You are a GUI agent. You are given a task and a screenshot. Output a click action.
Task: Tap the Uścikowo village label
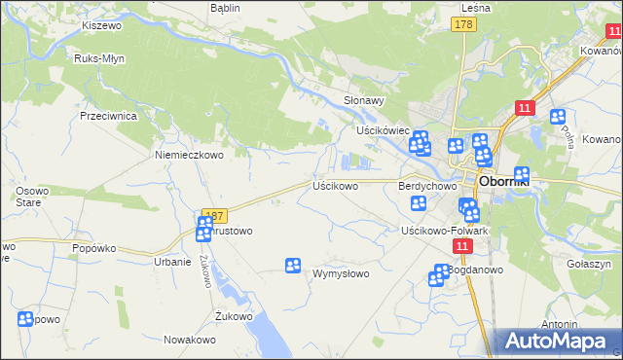click(x=335, y=185)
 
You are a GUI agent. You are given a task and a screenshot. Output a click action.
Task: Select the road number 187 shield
click(x=215, y=214)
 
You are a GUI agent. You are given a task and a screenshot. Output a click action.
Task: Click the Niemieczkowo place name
click(x=190, y=154)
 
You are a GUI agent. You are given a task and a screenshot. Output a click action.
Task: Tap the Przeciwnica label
click(x=108, y=115)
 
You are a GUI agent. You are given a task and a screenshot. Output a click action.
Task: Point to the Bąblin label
click(x=225, y=7)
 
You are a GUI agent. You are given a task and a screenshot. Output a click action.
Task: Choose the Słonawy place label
click(x=365, y=100)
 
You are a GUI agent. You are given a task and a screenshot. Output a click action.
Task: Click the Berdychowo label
click(x=427, y=185)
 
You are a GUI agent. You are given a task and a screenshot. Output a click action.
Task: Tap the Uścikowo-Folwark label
click(x=444, y=231)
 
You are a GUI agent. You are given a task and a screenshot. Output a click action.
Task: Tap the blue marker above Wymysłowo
click(x=292, y=265)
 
